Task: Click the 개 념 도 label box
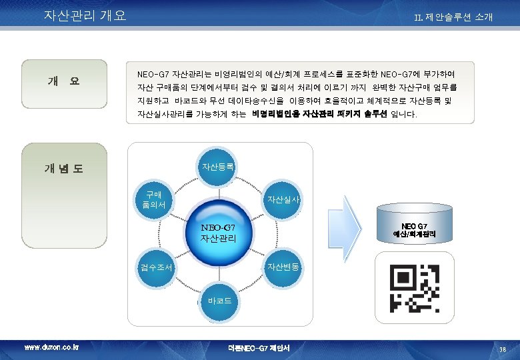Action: click(64, 169)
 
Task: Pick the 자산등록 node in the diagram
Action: click(218, 167)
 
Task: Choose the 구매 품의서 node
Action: click(155, 199)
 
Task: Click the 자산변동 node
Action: click(283, 267)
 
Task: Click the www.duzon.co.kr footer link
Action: click(51, 347)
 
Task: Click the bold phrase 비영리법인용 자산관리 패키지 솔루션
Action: click(320, 115)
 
